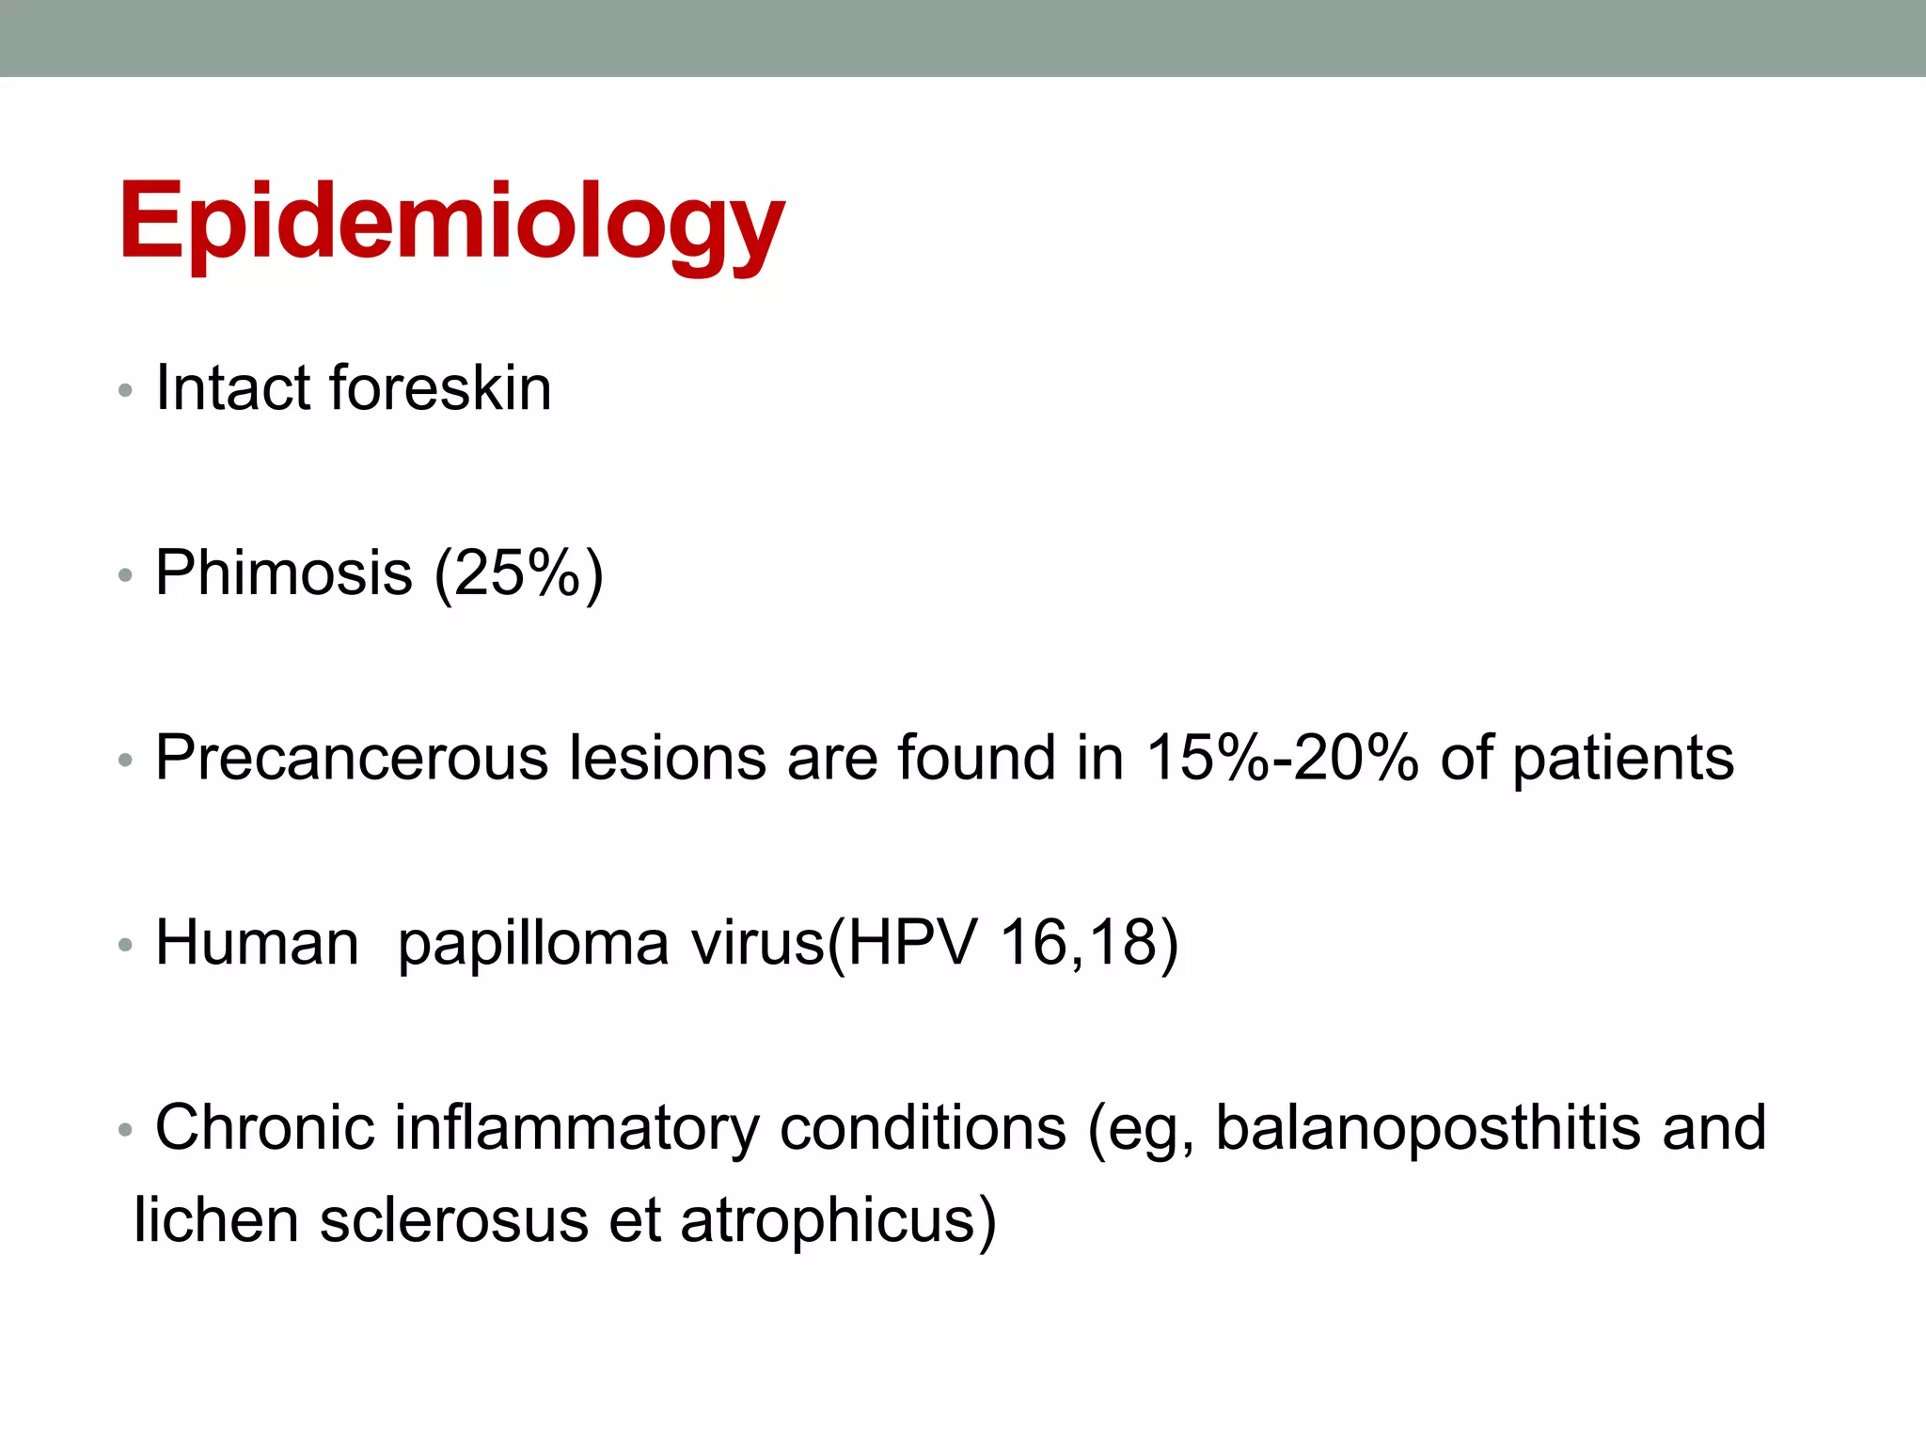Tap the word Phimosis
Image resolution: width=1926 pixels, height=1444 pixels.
click(x=284, y=573)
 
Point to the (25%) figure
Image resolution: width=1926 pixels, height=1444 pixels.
click(x=518, y=573)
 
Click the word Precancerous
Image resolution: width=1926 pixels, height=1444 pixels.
click(x=351, y=758)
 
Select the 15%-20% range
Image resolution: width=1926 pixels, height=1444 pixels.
click(x=1282, y=758)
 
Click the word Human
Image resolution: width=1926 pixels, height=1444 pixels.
click(x=257, y=942)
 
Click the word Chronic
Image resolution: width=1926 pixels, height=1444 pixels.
click(x=264, y=1127)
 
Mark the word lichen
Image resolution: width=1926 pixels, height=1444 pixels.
click(x=216, y=1219)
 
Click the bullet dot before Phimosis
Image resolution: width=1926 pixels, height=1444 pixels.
click(x=125, y=574)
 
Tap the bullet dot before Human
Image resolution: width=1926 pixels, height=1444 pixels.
click(x=125, y=945)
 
